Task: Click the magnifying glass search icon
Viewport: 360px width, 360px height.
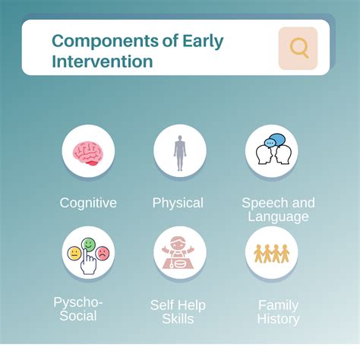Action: [298, 49]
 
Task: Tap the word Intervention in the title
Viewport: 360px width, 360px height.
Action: [103, 61]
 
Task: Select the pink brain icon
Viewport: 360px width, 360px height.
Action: [88, 151]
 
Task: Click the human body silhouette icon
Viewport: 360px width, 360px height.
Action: [180, 151]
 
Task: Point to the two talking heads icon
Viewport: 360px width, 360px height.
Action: [271, 152]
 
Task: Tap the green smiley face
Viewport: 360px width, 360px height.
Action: [89, 245]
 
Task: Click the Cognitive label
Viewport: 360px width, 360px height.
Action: [88, 203]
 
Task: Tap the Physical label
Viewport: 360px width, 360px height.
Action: [178, 203]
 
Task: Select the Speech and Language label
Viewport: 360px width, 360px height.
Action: [278, 210]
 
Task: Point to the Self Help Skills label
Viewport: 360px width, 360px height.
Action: [178, 312]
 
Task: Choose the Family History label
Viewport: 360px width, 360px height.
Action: [278, 312]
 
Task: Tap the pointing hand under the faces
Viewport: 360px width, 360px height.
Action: [90, 263]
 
